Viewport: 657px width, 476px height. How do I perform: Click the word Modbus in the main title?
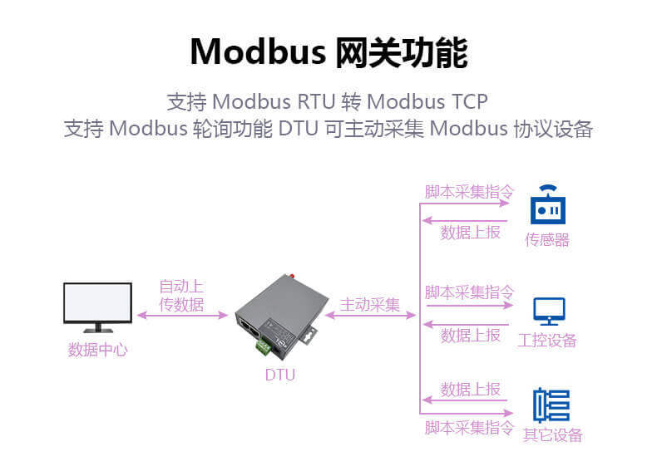pyautogui.click(x=257, y=52)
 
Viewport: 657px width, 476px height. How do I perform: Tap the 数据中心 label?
pyautogui.click(x=98, y=350)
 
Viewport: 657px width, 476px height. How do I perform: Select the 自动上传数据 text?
pyautogui.click(x=181, y=296)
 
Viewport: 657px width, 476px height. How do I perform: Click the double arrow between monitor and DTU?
pyautogui.click(x=181, y=316)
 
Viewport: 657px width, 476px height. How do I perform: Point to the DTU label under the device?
pyautogui.click(x=280, y=375)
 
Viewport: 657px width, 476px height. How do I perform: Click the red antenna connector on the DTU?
pyautogui.click(x=292, y=275)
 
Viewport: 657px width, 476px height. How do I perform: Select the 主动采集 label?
pyautogui.click(x=370, y=304)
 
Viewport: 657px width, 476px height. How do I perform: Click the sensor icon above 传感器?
pyautogui.click(x=548, y=205)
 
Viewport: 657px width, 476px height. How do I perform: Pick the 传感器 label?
pyautogui.click(x=547, y=240)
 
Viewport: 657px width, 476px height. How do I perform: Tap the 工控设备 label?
pyautogui.click(x=547, y=341)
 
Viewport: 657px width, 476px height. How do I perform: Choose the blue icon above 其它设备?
pyautogui.click(x=551, y=405)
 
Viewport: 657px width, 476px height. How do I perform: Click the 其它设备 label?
pyautogui.click(x=552, y=435)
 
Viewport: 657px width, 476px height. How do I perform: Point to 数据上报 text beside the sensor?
pyautogui.click(x=470, y=233)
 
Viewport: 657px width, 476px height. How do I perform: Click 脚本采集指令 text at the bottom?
pyautogui.click(x=469, y=428)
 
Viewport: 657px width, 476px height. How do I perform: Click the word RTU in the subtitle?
pyautogui.click(x=316, y=101)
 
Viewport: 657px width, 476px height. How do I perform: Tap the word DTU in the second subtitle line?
pyautogui.click(x=298, y=130)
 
